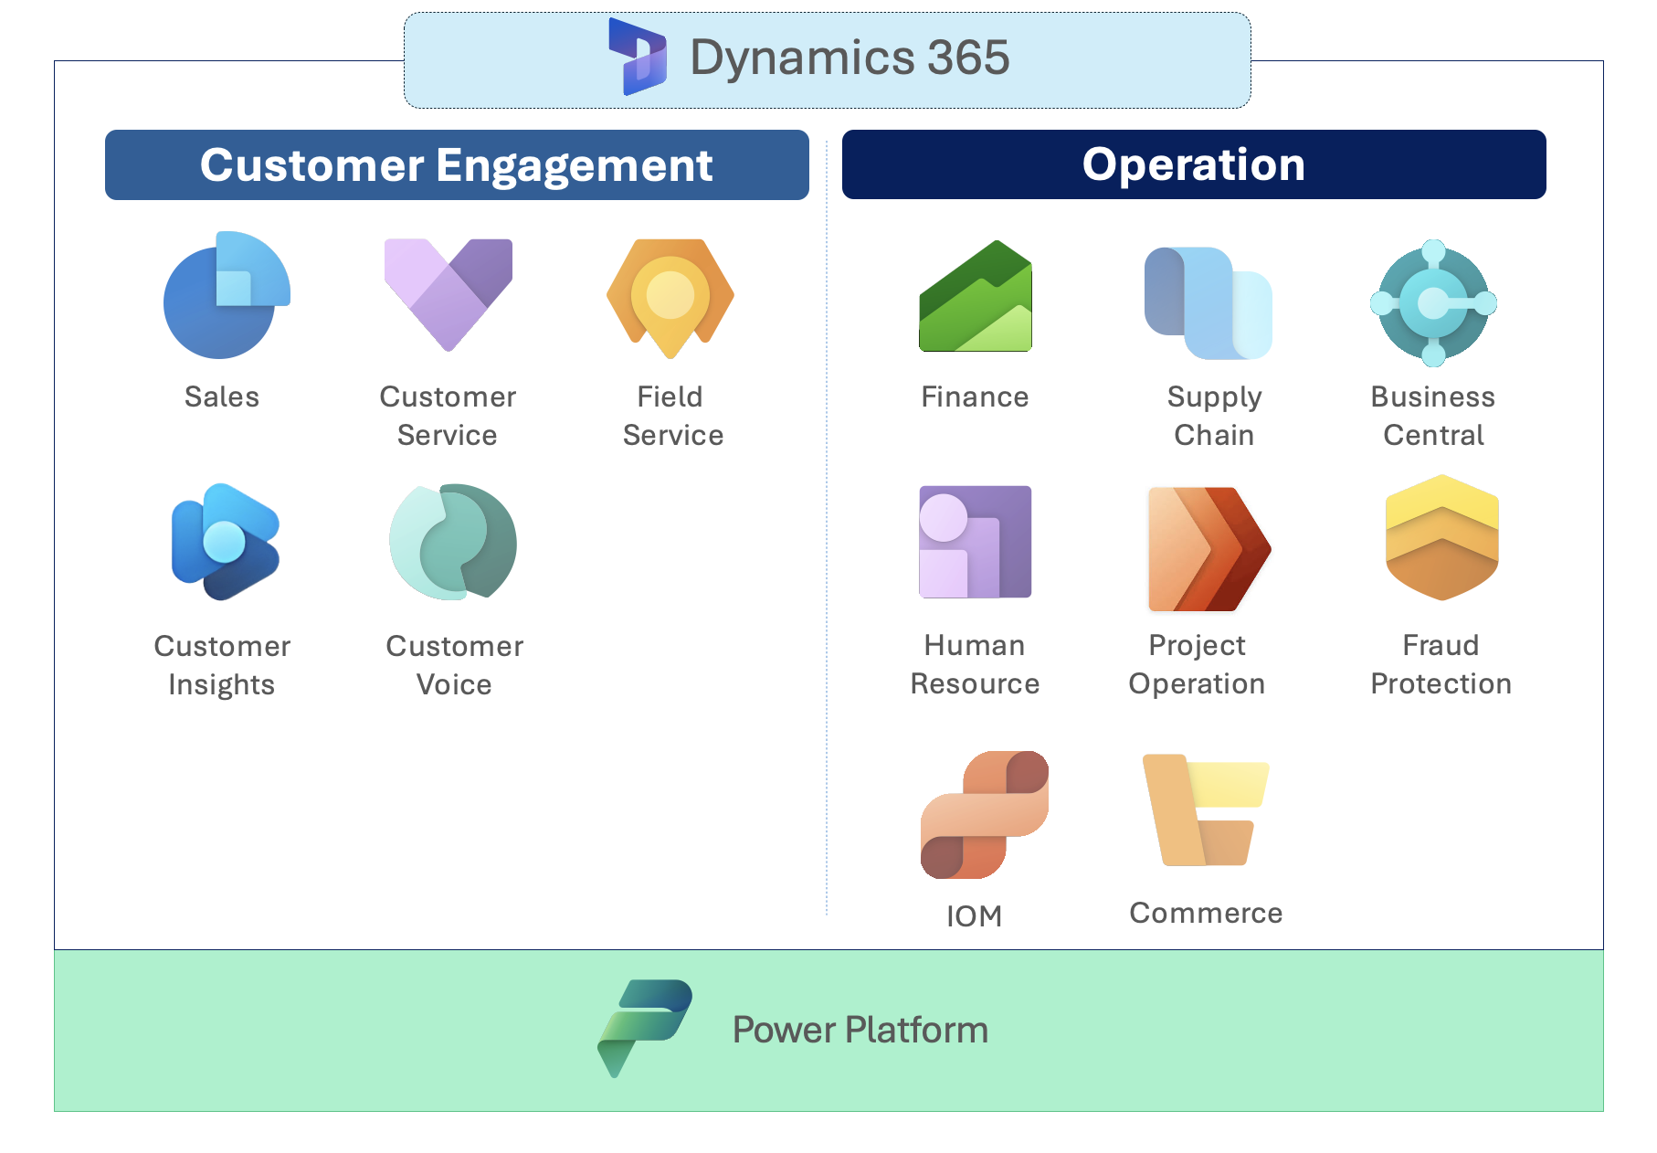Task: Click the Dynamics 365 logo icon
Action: [638, 57]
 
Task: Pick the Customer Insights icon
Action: [225, 542]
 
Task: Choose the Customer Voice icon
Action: [453, 542]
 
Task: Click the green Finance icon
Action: [976, 297]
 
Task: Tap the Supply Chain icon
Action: [1208, 302]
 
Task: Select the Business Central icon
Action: [1433, 302]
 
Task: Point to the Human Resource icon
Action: [975, 542]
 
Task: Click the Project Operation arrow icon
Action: [1208, 548]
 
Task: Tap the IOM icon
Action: [984, 814]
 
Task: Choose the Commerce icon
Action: [1205, 809]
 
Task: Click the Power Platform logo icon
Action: [645, 1028]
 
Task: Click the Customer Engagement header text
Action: [456, 165]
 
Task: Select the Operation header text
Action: [1193, 164]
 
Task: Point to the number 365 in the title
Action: [968, 58]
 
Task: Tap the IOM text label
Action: [974, 915]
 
